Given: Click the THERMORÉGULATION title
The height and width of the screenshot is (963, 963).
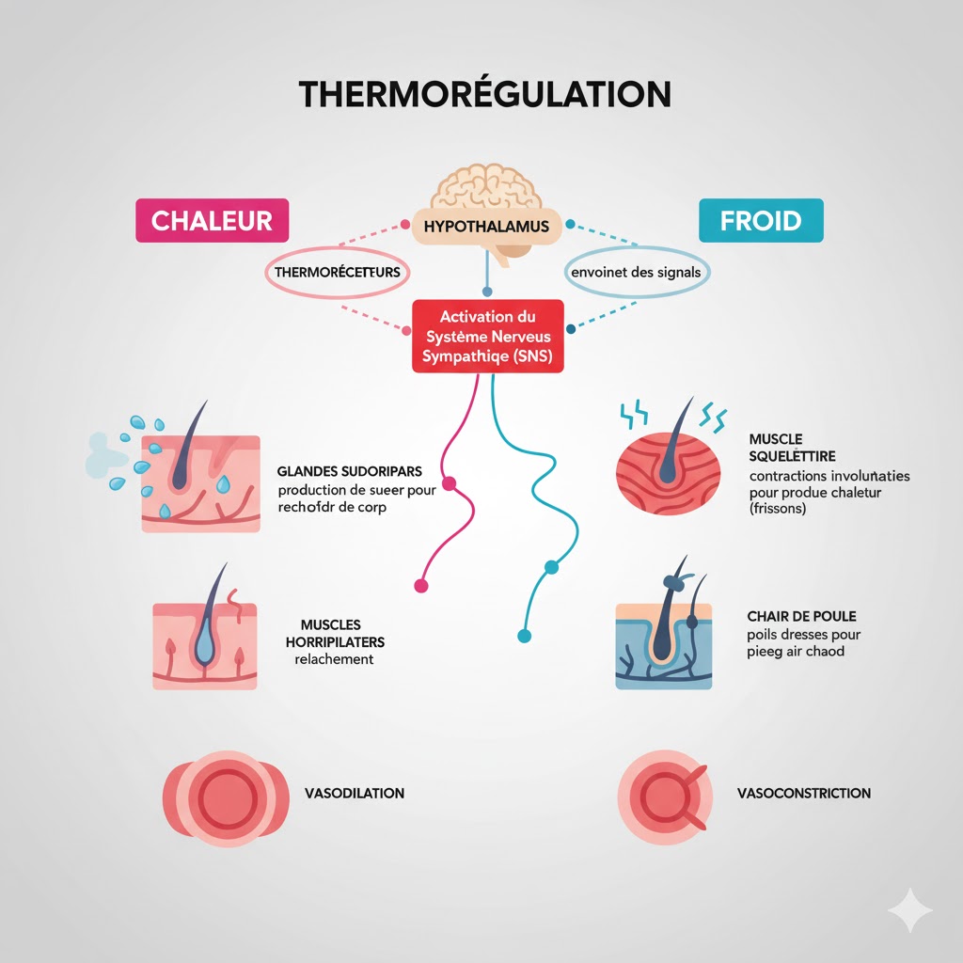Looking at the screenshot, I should pyautogui.click(x=484, y=95).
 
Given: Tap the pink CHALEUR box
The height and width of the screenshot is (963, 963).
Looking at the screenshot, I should pyautogui.click(x=212, y=221).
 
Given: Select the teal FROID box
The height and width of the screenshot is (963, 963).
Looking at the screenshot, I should pyautogui.click(x=761, y=222).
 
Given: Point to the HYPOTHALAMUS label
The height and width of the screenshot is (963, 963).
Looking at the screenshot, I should pyautogui.click(x=486, y=227).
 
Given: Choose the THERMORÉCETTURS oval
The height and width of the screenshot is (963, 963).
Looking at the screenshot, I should pyautogui.click(x=337, y=272).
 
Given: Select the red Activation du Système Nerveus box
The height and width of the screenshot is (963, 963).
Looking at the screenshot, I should pyautogui.click(x=487, y=336).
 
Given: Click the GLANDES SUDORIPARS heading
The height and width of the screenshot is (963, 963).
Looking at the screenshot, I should pyautogui.click(x=350, y=470).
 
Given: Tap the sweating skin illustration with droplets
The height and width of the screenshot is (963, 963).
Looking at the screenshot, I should pyautogui.click(x=199, y=482).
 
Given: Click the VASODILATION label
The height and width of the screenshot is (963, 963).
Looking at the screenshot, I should pyautogui.click(x=355, y=793).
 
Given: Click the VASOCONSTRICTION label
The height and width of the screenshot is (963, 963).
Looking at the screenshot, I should pyautogui.click(x=804, y=793).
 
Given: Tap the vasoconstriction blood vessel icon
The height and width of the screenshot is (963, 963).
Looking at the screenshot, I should pyautogui.click(x=664, y=793).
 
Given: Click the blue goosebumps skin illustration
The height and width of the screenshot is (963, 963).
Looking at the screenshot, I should pyautogui.click(x=663, y=644).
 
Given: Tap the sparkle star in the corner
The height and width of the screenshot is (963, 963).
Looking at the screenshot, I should pyautogui.click(x=909, y=909).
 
